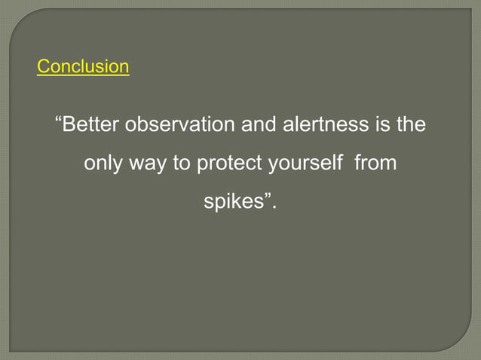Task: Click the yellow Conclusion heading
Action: coord(83,67)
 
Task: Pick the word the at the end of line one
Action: coord(412,124)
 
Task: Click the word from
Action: coord(375,163)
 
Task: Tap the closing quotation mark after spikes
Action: coord(266,198)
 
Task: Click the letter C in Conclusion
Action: coord(43,67)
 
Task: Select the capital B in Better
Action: coord(69,124)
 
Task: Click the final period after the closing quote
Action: coord(274,207)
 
